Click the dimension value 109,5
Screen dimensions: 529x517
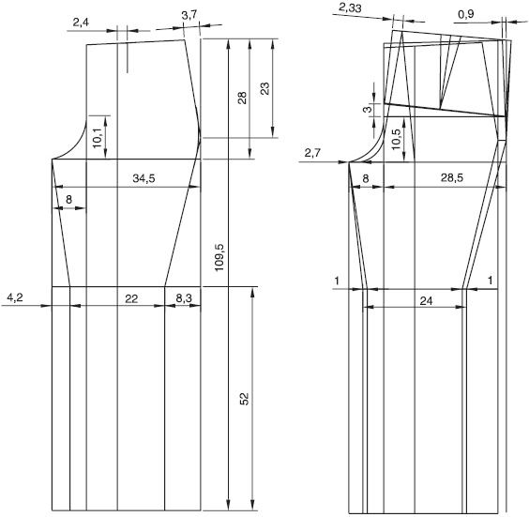(219, 257)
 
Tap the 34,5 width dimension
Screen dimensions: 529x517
(144, 178)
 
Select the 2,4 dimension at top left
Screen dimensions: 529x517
(81, 23)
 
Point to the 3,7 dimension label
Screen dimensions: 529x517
(189, 15)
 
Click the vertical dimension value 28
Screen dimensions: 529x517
(242, 98)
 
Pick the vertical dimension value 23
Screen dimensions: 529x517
(265, 88)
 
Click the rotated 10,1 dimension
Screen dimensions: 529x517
(98, 137)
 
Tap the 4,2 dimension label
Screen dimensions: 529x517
(15, 297)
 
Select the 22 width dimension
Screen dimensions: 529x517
(131, 298)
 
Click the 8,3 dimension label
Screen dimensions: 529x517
(184, 298)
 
